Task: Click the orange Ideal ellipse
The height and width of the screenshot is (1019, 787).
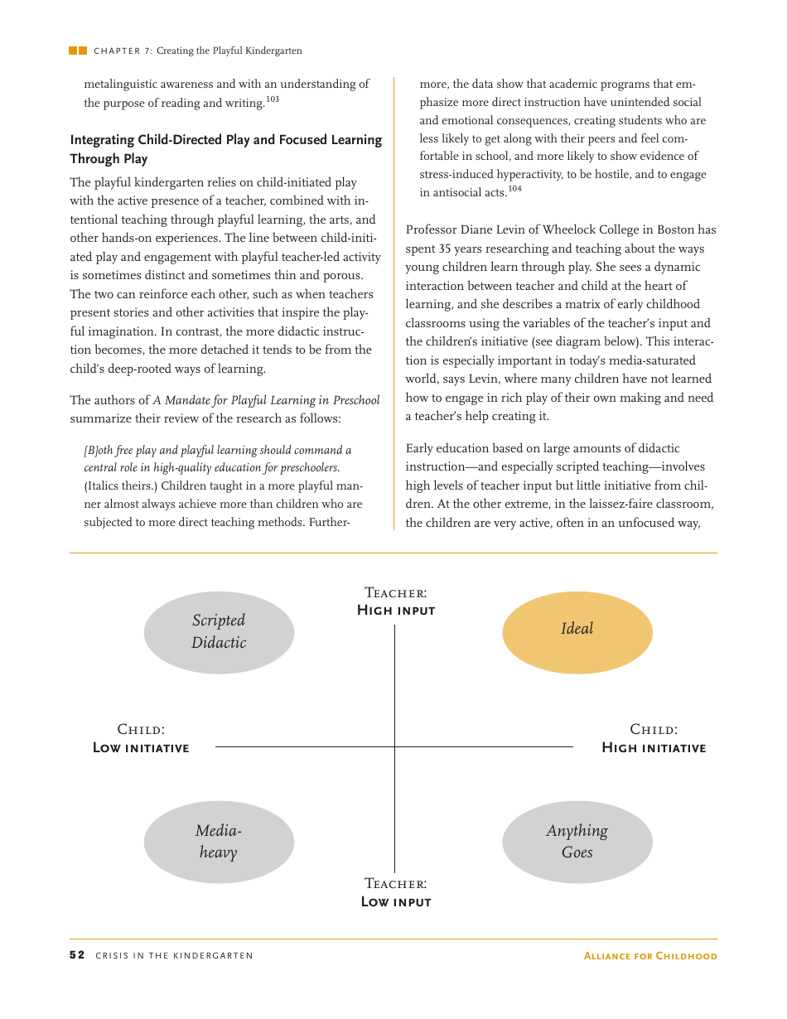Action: click(577, 632)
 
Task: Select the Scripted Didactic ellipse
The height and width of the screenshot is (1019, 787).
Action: click(219, 632)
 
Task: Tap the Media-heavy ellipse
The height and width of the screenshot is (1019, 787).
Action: click(219, 842)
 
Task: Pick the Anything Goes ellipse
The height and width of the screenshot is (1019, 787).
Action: click(577, 842)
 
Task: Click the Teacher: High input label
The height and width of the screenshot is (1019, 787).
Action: click(396, 601)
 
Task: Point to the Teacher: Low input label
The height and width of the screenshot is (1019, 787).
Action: click(396, 893)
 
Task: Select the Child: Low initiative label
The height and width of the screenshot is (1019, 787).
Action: click(141, 739)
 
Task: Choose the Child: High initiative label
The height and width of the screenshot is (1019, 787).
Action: click(654, 739)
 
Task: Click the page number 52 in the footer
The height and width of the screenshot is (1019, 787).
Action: click(76, 955)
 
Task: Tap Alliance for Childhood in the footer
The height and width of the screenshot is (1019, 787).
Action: click(650, 956)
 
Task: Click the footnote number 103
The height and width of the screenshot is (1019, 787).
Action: click(273, 99)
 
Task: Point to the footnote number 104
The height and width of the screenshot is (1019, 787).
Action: click(515, 189)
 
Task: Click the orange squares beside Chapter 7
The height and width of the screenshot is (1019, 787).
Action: click(78, 51)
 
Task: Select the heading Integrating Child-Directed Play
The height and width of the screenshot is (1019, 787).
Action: click(225, 140)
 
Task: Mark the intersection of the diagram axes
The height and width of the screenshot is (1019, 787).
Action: click(394, 746)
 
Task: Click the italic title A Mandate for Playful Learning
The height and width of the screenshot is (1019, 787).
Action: click(266, 400)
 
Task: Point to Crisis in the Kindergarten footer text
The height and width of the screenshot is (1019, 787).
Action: click(174, 956)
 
